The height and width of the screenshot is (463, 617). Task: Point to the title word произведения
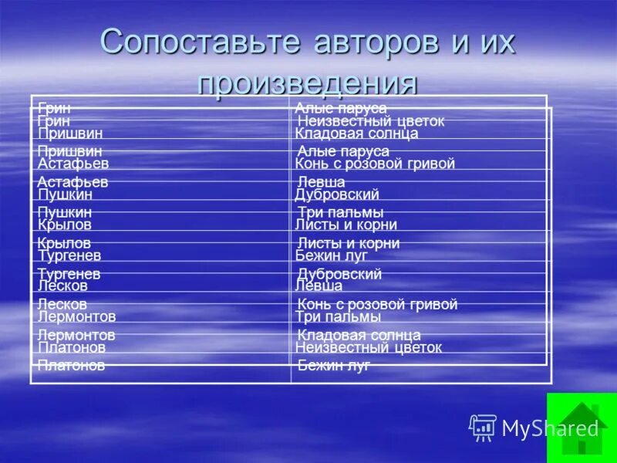(x=308, y=83)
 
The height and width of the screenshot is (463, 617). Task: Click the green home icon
(x=582, y=428)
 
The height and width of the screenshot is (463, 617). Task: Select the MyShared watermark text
(x=550, y=428)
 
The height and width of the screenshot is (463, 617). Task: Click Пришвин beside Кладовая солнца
(x=70, y=133)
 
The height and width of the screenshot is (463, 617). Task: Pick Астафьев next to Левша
(x=72, y=182)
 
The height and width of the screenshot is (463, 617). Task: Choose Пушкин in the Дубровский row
(x=65, y=194)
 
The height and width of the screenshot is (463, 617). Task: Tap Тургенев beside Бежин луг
(x=69, y=255)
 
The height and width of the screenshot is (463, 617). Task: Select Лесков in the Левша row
(x=62, y=286)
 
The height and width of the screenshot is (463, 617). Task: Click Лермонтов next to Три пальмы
(x=76, y=316)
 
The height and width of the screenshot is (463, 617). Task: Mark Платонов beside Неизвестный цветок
(x=72, y=347)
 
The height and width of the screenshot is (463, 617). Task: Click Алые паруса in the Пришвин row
(x=343, y=151)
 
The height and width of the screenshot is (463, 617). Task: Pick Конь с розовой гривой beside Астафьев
(x=375, y=164)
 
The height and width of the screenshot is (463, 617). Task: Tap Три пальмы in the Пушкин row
(x=340, y=212)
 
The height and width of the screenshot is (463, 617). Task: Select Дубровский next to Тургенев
(x=339, y=274)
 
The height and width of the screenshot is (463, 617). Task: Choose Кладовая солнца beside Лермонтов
(x=359, y=335)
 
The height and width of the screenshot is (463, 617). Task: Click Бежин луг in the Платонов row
(x=334, y=366)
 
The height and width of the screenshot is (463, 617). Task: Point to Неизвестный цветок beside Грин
(x=371, y=121)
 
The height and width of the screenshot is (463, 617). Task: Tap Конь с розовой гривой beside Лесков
(x=377, y=304)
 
